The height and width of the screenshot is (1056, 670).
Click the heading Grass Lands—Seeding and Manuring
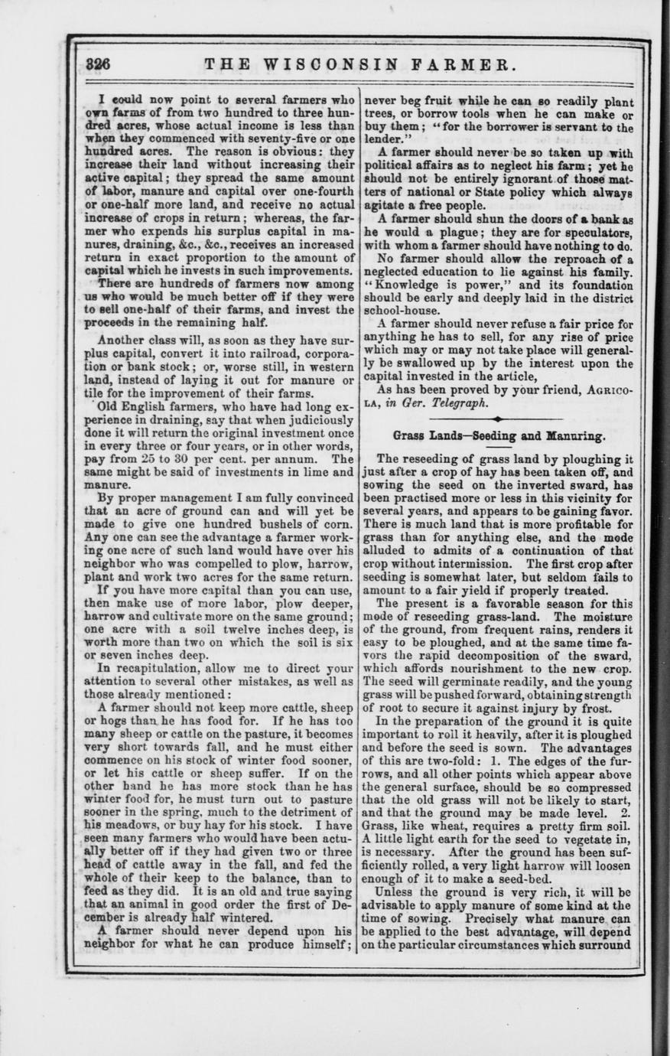click(x=499, y=436)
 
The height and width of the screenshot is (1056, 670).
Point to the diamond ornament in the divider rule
click(x=498, y=419)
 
